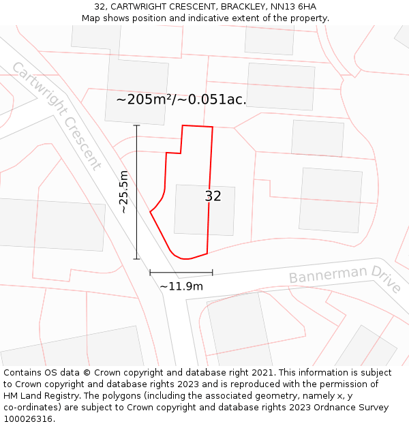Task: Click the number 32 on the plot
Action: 213,196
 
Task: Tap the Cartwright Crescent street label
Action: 57,116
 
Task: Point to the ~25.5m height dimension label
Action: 123,192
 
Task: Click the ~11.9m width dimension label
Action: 181,286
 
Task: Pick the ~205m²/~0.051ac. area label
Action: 181,100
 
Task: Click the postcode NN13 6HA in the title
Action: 293,7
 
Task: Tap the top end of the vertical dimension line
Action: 136,125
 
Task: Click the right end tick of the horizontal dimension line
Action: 212,273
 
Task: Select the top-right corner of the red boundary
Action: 212,127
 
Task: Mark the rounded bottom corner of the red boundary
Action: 181,258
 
